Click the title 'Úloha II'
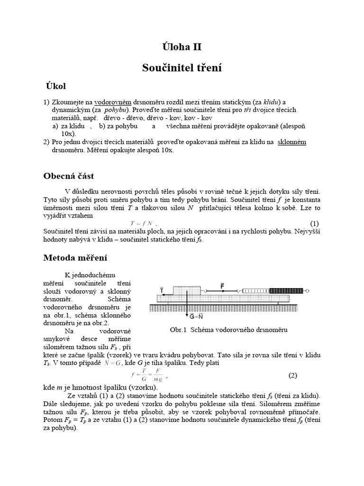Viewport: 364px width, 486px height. [182, 47]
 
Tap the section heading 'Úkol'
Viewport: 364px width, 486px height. [56, 86]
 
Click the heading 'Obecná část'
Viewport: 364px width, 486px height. [69, 176]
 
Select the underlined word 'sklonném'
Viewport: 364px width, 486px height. [291, 141]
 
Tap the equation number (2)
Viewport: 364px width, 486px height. [292, 375]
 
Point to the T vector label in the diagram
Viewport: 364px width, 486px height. [162, 289]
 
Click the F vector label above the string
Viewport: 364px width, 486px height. [222, 285]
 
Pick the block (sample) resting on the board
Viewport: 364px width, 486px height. [189, 290]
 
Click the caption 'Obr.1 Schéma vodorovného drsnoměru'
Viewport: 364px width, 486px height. [228, 329]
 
